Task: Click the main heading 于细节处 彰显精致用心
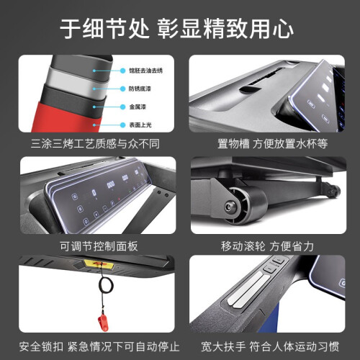click(x=176, y=30)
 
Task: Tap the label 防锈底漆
click(x=140, y=89)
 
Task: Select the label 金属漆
click(x=138, y=107)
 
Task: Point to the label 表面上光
click(x=140, y=125)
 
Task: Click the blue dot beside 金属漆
click(x=122, y=107)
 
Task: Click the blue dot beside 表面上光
click(x=122, y=125)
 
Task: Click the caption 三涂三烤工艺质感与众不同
click(x=95, y=144)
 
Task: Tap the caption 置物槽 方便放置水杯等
click(x=272, y=144)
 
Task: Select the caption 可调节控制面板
click(x=99, y=246)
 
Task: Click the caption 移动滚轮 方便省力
click(x=267, y=246)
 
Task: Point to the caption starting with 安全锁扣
click(x=99, y=346)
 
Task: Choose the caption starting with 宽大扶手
click(x=270, y=346)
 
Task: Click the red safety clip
click(x=103, y=323)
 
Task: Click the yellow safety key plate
click(x=99, y=264)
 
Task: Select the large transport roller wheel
click(x=247, y=205)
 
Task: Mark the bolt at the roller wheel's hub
click(x=230, y=207)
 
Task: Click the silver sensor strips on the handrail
click(x=248, y=290)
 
